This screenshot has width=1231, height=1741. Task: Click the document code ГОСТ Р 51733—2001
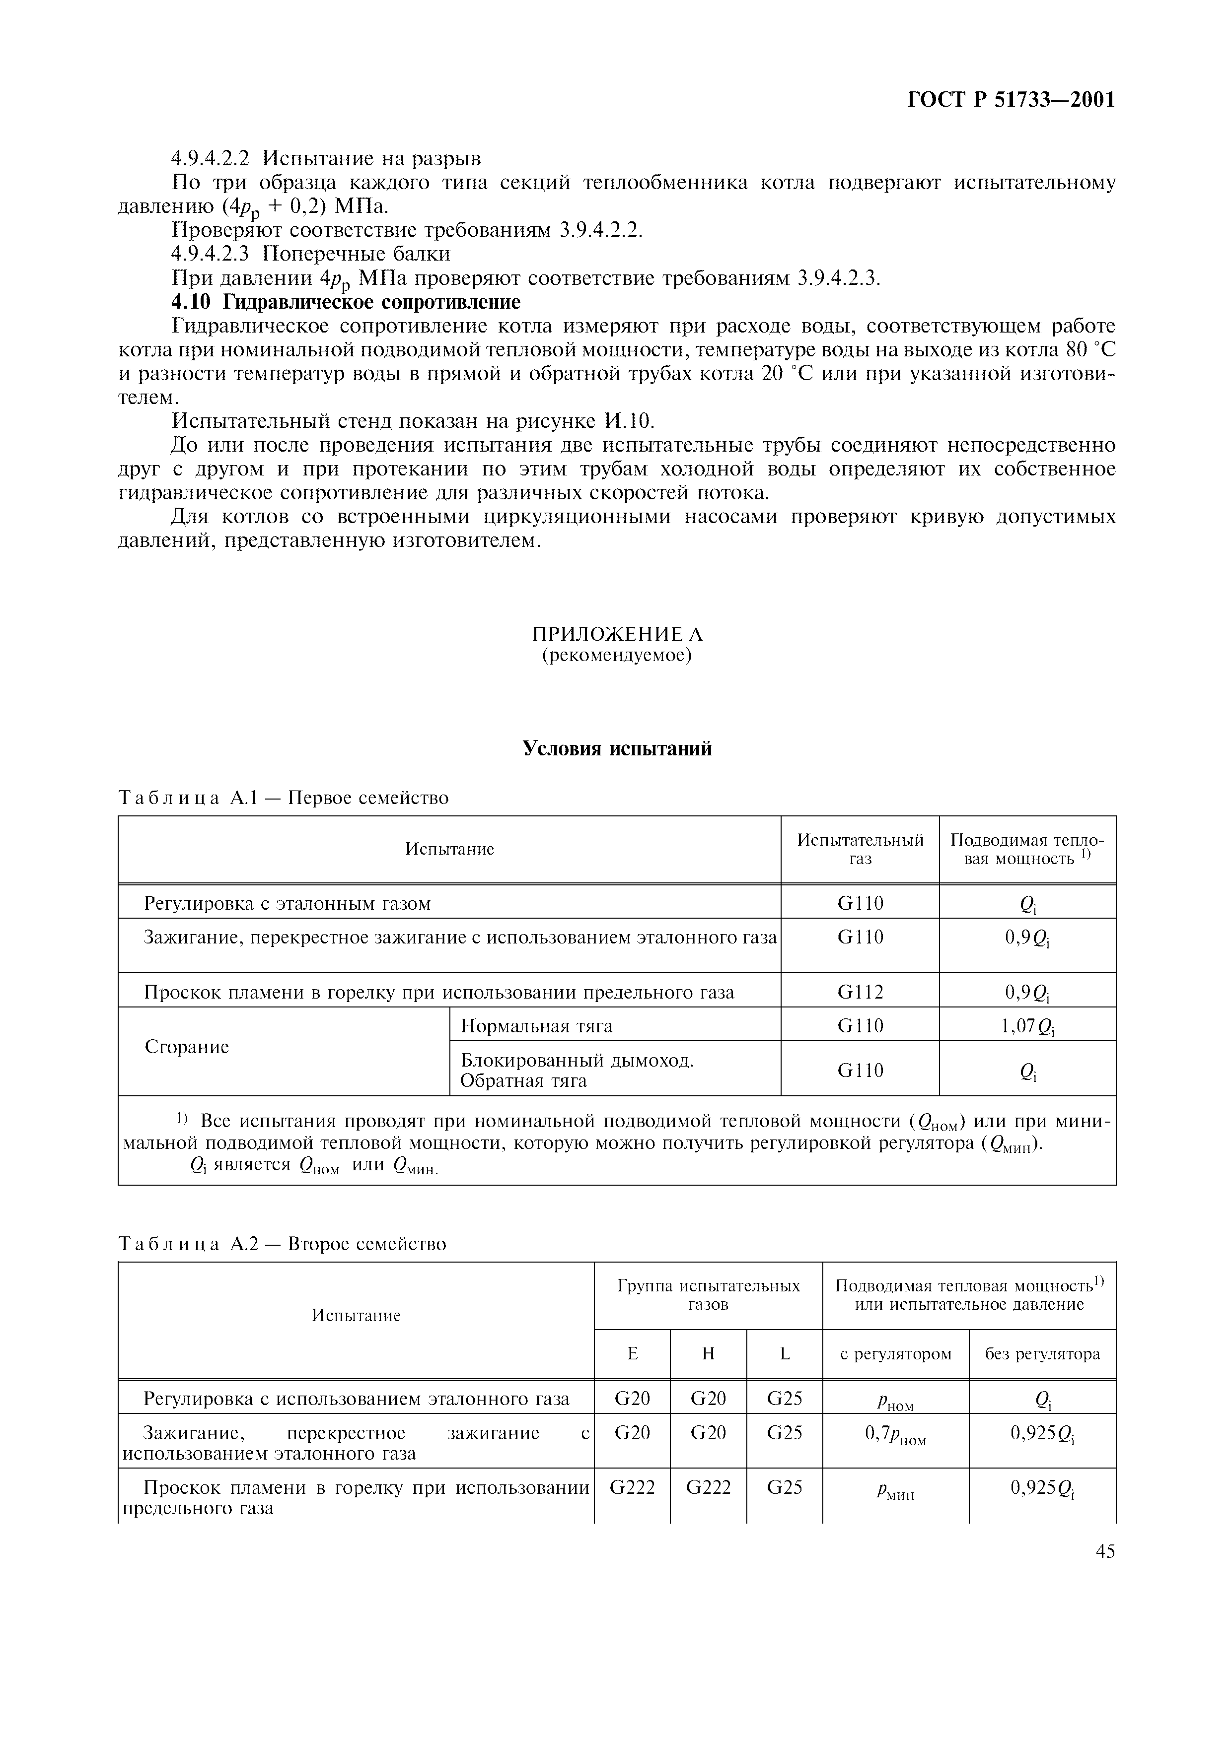point(1011,100)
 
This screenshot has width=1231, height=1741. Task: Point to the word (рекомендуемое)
point(617,655)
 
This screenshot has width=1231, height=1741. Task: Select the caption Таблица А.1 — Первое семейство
point(284,798)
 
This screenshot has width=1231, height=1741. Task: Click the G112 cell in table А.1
point(860,992)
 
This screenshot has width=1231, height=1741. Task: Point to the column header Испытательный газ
point(860,849)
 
